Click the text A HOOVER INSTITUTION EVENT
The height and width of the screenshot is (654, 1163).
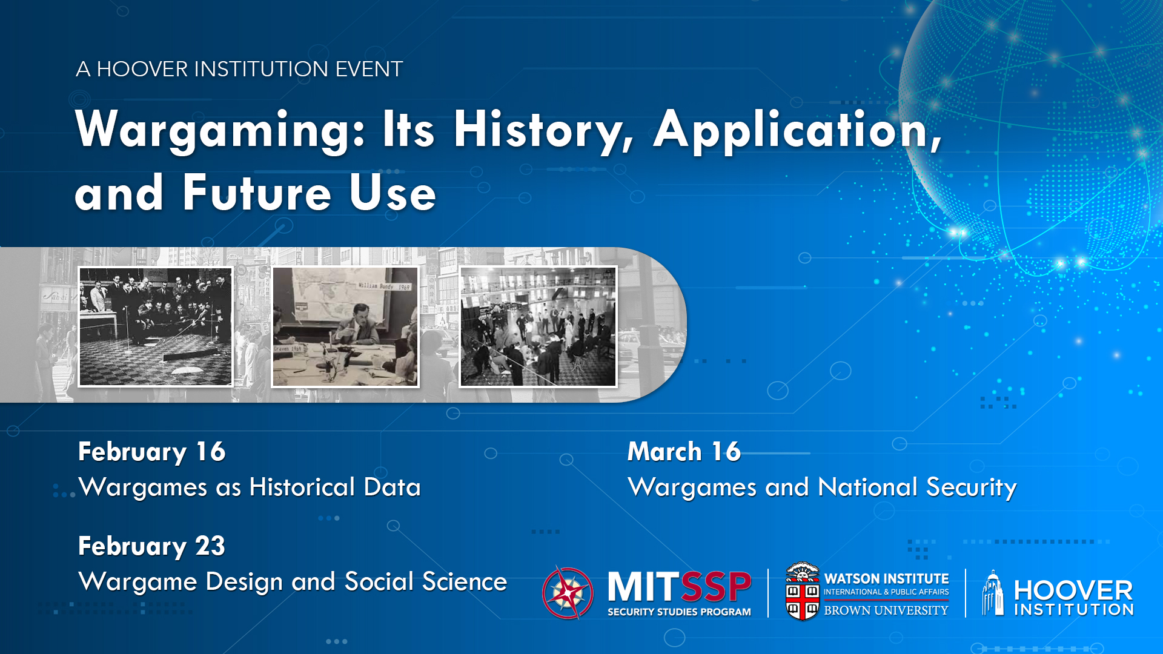pos(239,69)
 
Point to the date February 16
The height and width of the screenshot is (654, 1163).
pos(151,452)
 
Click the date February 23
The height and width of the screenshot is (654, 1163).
pos(151,546)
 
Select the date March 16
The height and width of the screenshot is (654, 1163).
pos(684,452)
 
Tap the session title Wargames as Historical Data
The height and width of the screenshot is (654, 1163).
pos(250,487)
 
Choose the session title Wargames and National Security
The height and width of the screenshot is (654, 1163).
pos(822,487)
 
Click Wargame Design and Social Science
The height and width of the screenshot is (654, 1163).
pos(293,582)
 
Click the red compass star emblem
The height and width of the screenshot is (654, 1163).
pos(568,593)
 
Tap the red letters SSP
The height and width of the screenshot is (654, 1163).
pos(716,587)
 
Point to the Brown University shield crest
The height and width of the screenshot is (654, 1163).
pos(802,592)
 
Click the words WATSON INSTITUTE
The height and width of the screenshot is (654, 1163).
pos(886,579)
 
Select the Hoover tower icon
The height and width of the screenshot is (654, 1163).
pos(992,593)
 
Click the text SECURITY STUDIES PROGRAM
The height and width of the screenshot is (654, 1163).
pos(679,612)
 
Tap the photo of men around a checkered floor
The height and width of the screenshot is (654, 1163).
pos(156,326)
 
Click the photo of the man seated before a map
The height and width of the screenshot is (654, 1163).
pos(345,326)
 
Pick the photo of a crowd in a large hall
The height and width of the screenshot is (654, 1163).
pos(538,326)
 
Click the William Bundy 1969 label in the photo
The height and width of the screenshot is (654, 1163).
pos(384,286)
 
